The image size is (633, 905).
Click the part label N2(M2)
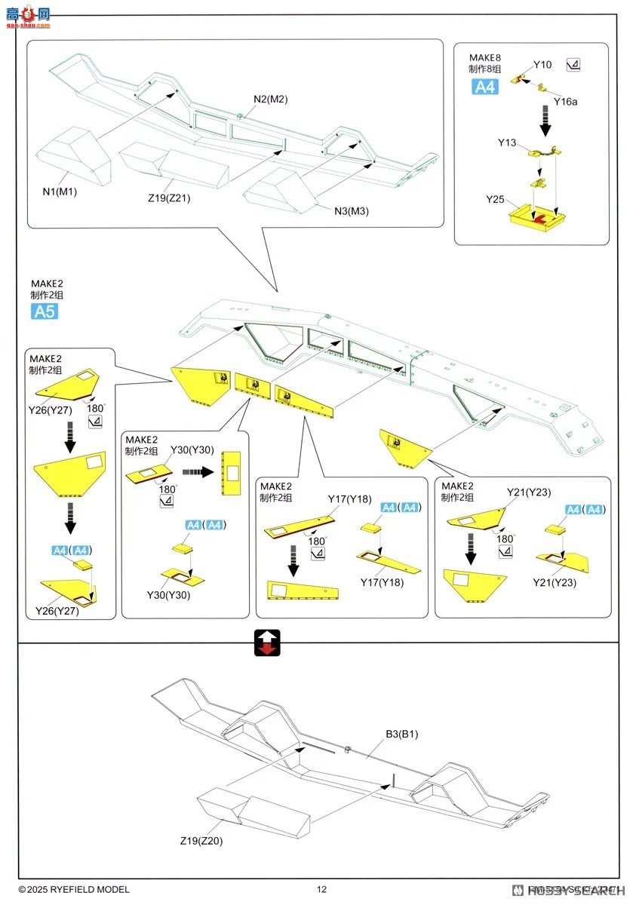pos(271,100)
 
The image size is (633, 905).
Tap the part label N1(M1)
pos(60,192)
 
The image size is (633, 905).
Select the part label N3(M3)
pos(352,210)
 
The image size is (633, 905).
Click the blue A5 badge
pos(44,311)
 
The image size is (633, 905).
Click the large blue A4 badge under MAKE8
pos(485,87)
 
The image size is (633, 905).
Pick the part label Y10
pos(542,65)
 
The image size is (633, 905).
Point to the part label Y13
pos(507,142)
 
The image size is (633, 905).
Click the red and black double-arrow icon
pos(269,642)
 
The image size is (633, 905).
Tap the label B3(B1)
pos(401,732)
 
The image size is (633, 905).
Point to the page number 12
pos(322,889)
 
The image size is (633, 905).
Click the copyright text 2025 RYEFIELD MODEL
pos(74,890)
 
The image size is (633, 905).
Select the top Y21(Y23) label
pos(529,492)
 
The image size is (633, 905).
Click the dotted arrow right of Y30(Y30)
pos(198,472)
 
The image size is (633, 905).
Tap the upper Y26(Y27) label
pos(54,389)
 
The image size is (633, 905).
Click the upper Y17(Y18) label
pos(350,499)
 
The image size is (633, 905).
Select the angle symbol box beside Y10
pos(573,65)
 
